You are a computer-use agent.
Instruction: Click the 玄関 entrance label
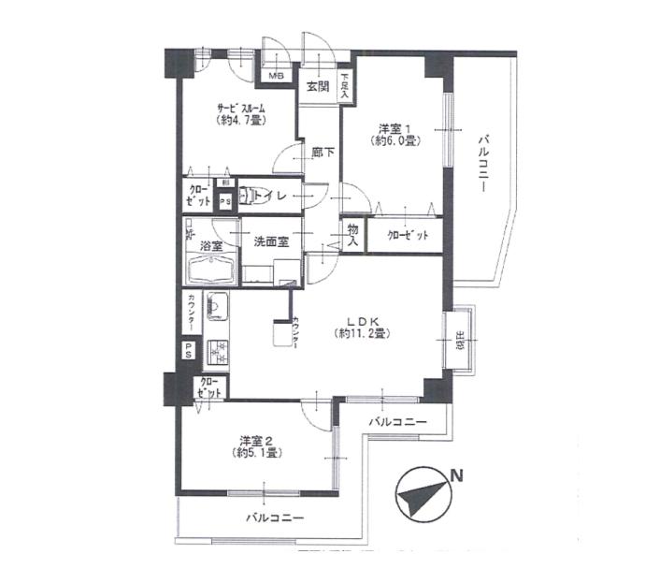[317, 86]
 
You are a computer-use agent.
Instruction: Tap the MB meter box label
[278, 76]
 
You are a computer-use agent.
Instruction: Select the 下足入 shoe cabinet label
[345, 86]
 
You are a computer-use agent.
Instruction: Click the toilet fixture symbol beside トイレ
[248, 196]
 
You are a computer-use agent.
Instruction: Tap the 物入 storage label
[352, 234]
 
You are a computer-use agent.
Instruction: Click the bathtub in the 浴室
[209, 270]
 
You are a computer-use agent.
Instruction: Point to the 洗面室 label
[271, 241]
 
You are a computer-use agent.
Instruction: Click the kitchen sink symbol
[216, 307]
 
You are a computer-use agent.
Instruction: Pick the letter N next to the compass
[455, 475]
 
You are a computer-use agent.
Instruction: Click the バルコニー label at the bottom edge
[275, 517]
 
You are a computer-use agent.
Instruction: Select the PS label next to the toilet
[224, 201]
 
